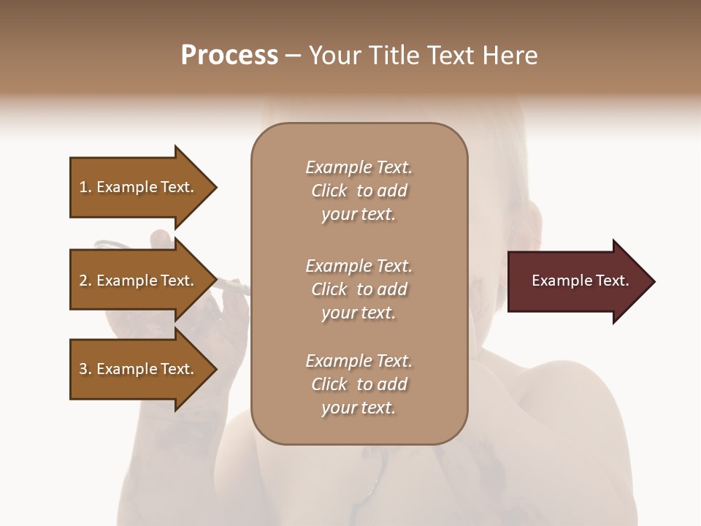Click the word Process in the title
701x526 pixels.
[x=229, y=56]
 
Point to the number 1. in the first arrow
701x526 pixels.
[x=85, y=187]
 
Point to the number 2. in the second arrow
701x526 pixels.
[x=85, y=281]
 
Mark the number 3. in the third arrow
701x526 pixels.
[x=85, y=369]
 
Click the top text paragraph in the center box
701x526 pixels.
[x=359, y=191]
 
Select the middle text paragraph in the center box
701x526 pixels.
[x=359, y=289]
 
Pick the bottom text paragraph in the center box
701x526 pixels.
[x=359, y=384]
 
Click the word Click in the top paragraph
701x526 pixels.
[x=329, y=191]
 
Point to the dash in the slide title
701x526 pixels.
[x=293, y=56]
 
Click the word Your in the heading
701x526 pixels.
[x=333, y=56]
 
